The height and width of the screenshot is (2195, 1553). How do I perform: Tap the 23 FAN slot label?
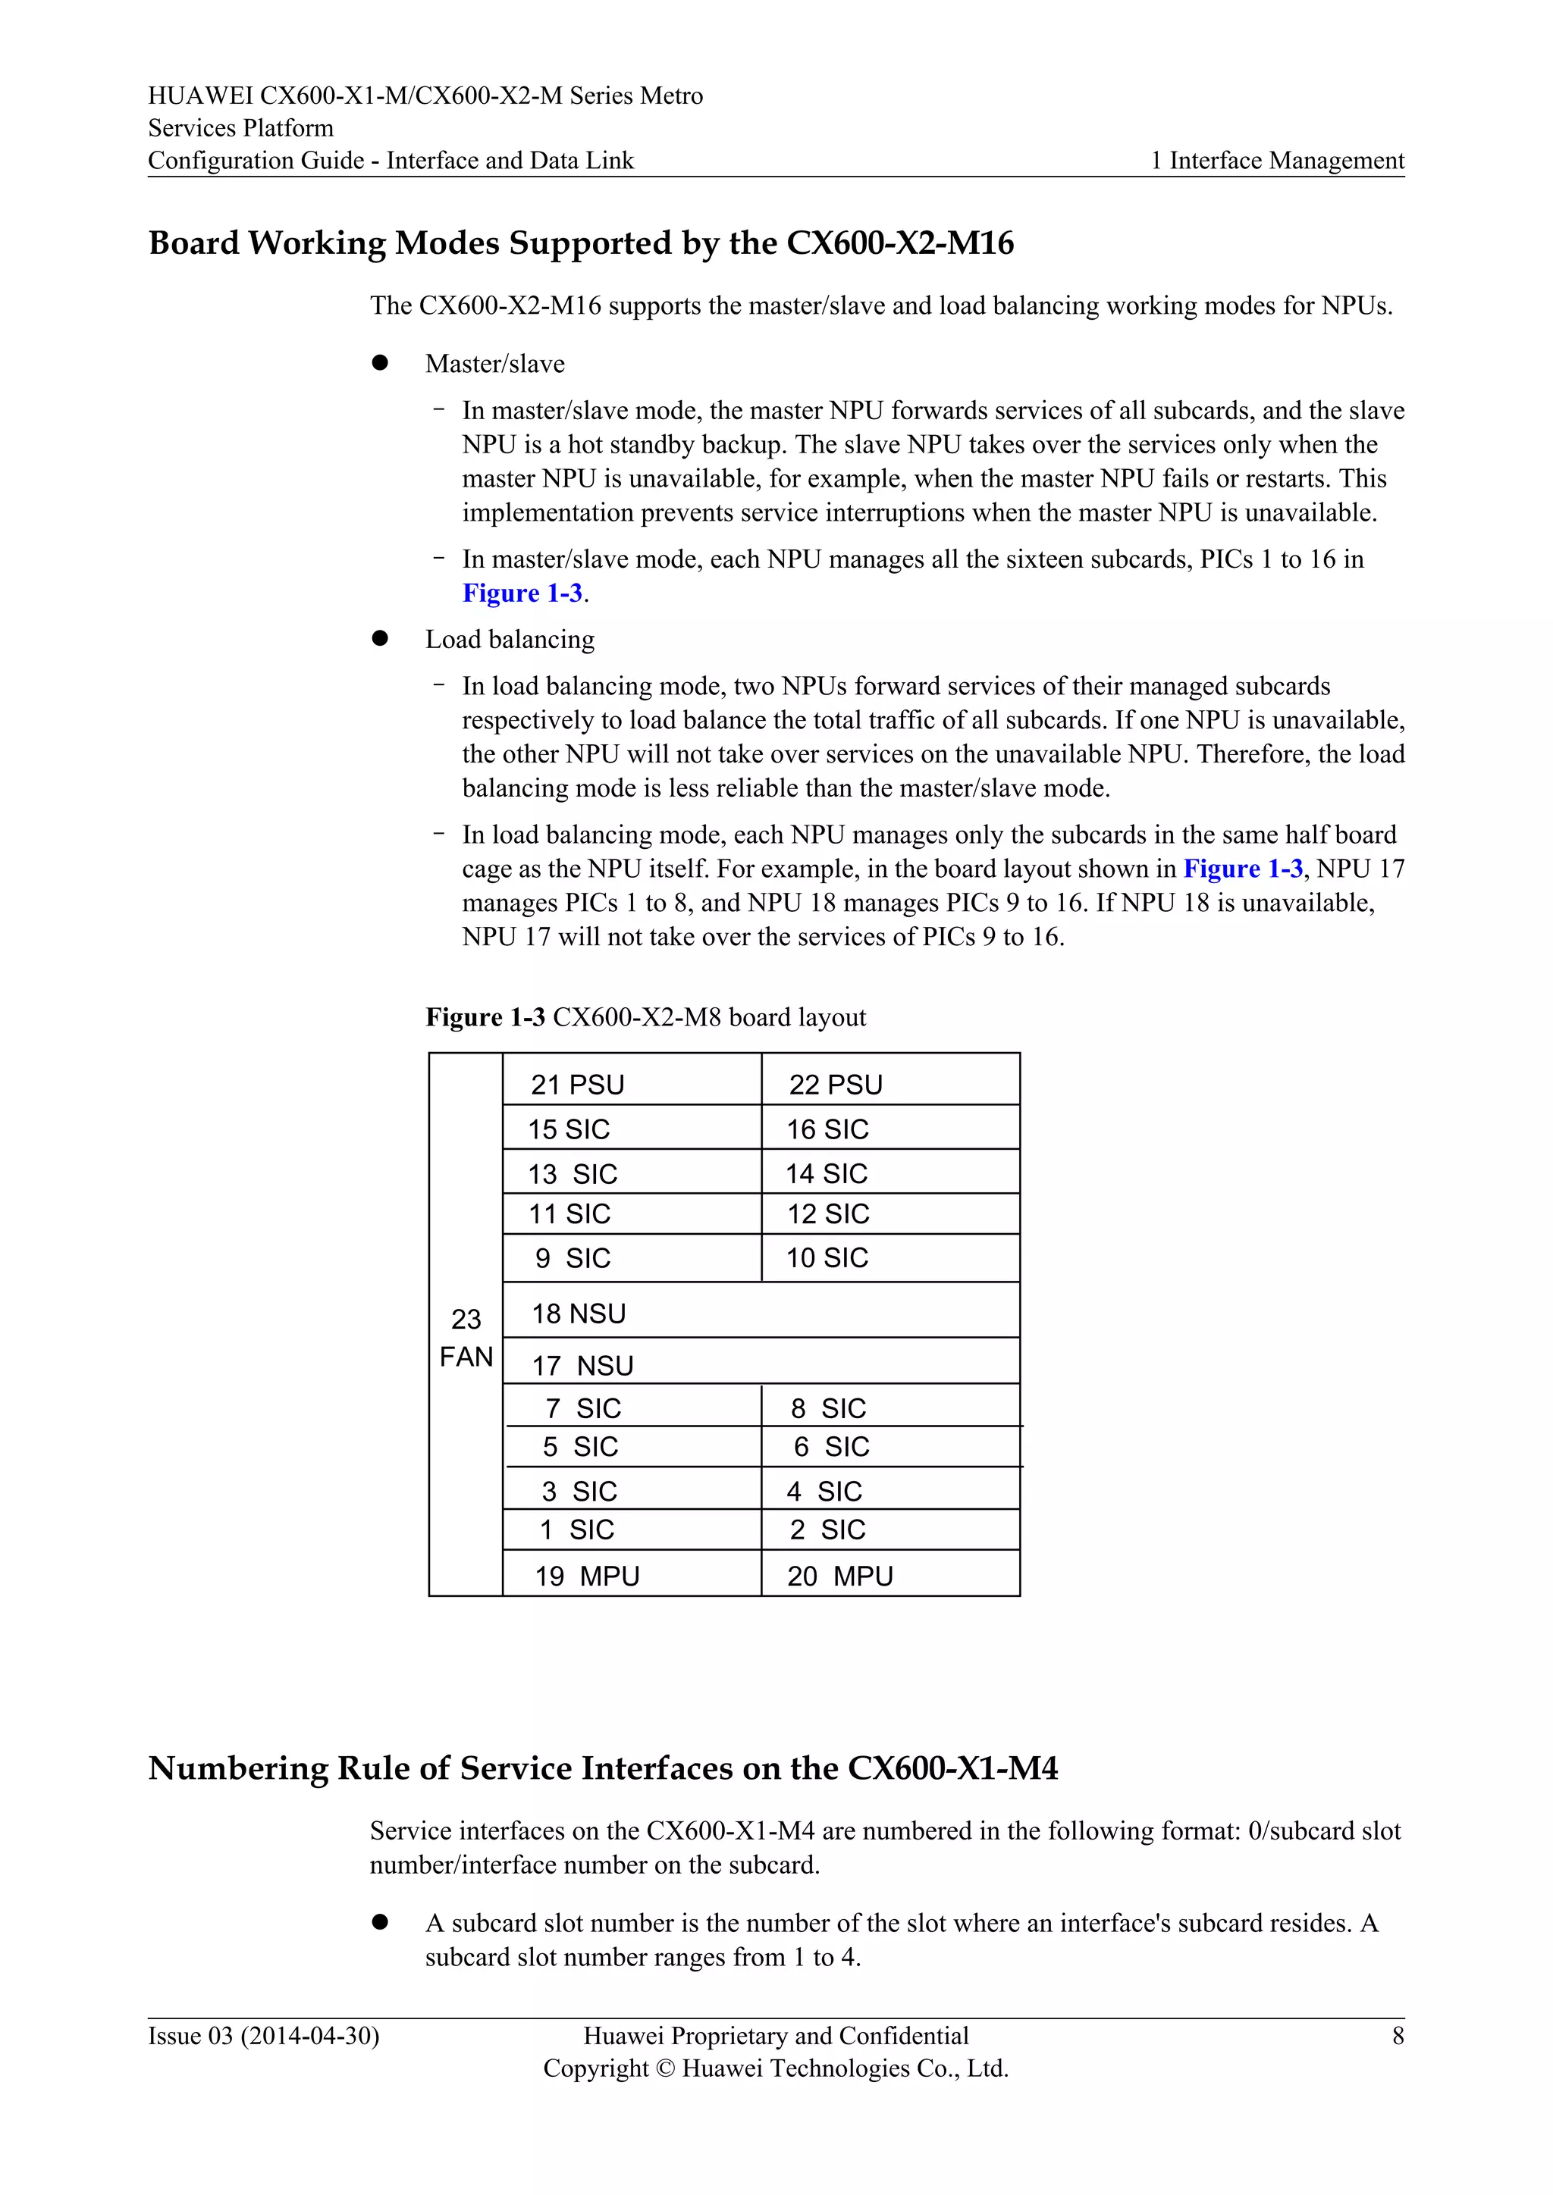coord(466,1338)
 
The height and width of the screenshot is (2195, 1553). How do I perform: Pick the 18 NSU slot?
coord(579,1314)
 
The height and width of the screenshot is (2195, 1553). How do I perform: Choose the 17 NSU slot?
coord(582,1365)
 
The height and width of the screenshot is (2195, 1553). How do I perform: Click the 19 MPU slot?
coord(587,1576)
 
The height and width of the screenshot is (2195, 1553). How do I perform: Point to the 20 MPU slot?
coord(839,1576)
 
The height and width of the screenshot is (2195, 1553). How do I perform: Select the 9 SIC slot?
coord(573,1258)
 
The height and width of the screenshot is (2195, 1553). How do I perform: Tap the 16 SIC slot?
coord(827,1129)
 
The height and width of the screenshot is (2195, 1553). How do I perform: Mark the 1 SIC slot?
coord(576,1530)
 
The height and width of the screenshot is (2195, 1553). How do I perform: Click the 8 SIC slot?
coord(828,1408)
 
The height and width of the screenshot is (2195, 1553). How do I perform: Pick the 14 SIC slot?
coord(827,1173)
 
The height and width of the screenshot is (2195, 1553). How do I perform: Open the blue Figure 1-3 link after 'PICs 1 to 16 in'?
coord(522,593)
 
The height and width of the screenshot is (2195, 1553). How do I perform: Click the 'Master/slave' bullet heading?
coord(494,365)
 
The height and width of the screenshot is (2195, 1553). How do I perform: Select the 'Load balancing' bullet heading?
coord(510,640)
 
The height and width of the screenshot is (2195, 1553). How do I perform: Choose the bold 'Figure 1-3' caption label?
coord(485,1017)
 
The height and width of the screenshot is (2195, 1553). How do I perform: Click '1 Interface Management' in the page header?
coord(1277,161)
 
